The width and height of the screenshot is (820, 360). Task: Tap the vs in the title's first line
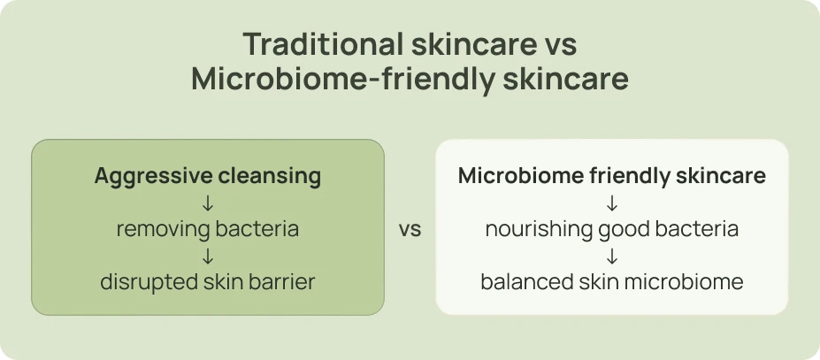click(x=558, y=44)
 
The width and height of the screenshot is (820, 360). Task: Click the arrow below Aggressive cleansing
click(x=208, y=203)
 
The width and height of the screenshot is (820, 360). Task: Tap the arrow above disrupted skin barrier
click(x=208, y=257)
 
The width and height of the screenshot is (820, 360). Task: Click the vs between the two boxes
click(x=410, y=230)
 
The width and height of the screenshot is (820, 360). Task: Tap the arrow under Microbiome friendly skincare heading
click(x=612, y=203)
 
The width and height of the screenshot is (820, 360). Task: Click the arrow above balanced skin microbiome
click(x=612, y=257)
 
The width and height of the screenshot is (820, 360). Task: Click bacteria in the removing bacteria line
click(x=256, y=230)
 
